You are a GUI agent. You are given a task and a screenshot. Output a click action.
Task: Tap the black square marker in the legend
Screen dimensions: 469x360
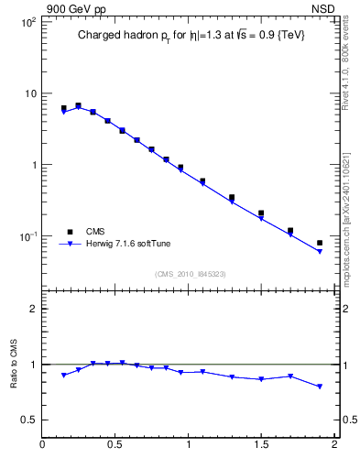69,232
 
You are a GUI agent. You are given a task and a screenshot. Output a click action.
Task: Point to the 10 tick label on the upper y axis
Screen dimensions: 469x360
28,93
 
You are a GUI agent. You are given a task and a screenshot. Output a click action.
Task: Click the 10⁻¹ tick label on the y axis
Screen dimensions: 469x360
26,236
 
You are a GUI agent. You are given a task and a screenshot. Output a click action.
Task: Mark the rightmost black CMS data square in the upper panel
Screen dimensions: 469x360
320,243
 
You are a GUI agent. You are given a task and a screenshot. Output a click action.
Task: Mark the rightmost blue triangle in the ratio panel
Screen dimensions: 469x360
320,387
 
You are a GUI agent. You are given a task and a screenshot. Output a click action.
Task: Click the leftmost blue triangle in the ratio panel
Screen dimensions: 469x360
63,376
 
